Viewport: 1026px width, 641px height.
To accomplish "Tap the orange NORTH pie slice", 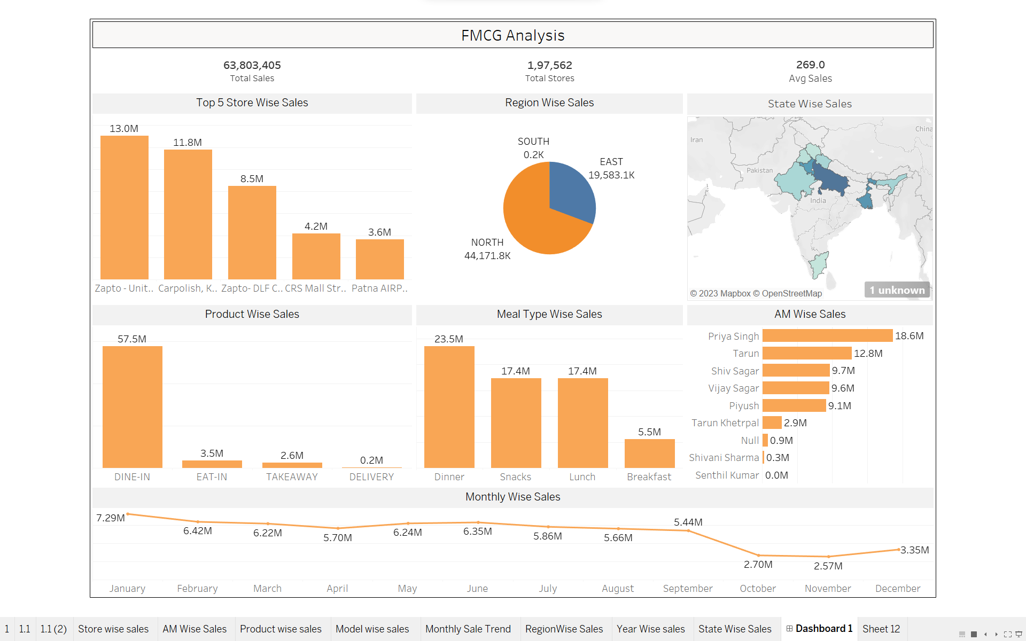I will point(534,224).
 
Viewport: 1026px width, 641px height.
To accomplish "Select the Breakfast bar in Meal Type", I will point(649,454).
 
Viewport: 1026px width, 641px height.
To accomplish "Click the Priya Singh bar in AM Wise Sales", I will point(827,335).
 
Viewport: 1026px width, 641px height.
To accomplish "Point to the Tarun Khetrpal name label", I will point(725,423).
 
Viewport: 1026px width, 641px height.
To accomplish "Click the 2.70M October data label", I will point(758,565).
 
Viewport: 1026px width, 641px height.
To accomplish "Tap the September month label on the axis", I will point(688,589).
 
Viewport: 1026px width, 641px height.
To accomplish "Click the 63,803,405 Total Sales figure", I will point(252,65).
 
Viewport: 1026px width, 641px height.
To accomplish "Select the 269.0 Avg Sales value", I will point(810,65).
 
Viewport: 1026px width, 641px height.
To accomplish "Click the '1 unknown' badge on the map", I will point(897,290).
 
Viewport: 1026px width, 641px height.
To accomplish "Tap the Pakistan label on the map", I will point(759,170).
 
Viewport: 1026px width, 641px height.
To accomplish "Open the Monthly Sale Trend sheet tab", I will point(468,629).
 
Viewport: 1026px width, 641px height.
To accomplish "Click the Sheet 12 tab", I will point(881,629).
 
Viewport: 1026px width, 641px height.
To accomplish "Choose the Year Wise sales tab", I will point(650,629).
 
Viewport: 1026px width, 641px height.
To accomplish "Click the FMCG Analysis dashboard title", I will point(512,35).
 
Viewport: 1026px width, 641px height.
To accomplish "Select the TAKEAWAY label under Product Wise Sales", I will point(292,477).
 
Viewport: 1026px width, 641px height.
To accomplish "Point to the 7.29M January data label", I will point(110,518).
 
